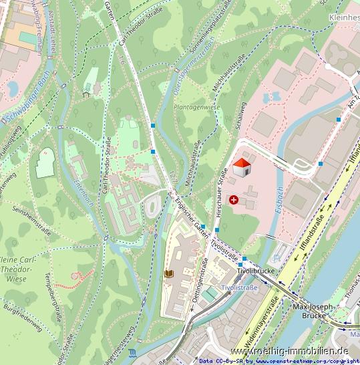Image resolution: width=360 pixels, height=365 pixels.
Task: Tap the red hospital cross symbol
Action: click(x=233, y=199)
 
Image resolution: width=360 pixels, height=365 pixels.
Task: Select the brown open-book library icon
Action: click(x=168, y=274)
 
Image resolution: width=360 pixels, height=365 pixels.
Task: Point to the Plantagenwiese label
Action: click(x=196, y=106)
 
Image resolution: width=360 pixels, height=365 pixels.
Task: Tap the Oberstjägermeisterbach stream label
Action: click(x=190, y=70)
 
